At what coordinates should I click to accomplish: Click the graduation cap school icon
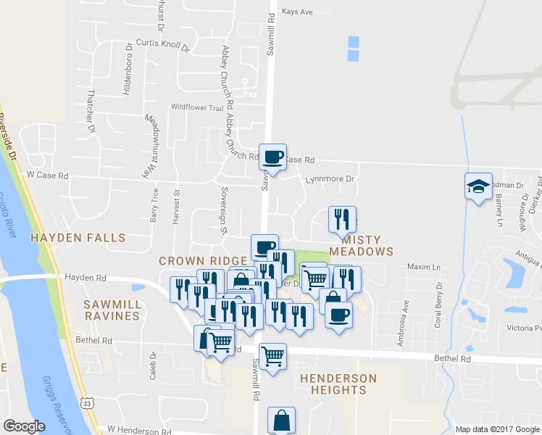pyautogui.click(x=478, y=186)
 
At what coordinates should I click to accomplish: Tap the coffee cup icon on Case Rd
pyautogui.click(x=274, y=157)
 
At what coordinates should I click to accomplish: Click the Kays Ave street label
pyautogui.click(x=297, y=12)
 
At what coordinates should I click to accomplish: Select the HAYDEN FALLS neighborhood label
pyautogui.click(x=78, y=238)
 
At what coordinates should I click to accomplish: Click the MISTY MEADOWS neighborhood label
pyautogui.click(x=361, y=245)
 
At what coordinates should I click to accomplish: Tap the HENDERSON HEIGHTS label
pyautogui.click(x=338, y=384)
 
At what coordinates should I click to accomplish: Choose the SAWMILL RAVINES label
pyautogui.click(x=111, y=310)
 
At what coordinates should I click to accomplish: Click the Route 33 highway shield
pyautogui.click(x=86, y=403)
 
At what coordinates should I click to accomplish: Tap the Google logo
pyautogui.click(x=25, y=426)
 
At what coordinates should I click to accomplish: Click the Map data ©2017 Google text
pyautogui.click(x=498, y=429)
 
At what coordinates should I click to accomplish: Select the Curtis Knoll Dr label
pyautogui.click(x=162, y=46)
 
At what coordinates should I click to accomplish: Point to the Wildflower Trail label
pyautogui.click(x=197, y=107)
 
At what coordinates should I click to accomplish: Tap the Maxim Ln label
pyautogui.click(x=424, y=268)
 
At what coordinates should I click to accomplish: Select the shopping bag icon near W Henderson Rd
pyautogui.click(x=281, y=420)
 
